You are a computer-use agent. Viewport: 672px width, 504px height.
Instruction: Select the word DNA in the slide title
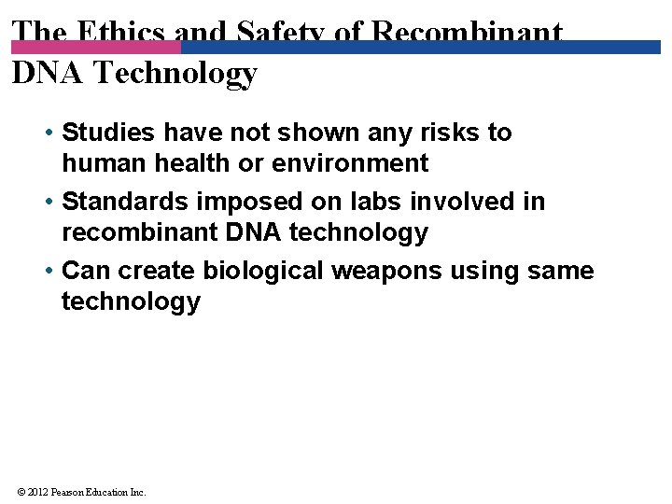point(43,72)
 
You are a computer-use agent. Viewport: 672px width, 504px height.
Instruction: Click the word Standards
point(125,202)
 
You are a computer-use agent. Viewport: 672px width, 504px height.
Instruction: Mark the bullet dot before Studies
point(47,133)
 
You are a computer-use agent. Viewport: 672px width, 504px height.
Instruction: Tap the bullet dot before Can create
point(47,272)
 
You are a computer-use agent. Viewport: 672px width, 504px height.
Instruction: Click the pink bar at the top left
point(93,47)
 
